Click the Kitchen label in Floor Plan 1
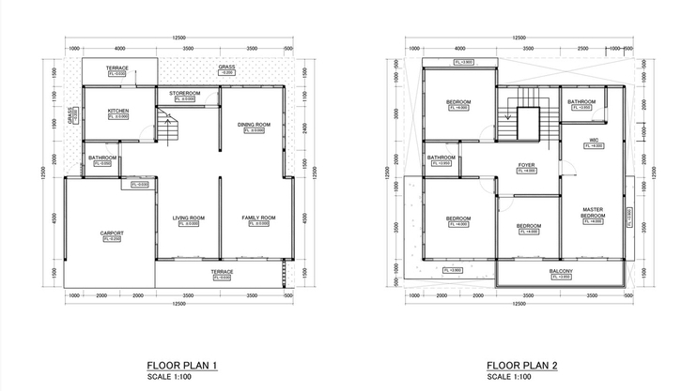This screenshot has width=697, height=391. click(118, 111)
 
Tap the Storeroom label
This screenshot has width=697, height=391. click(185, 94)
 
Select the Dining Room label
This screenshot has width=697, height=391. click(254, 124)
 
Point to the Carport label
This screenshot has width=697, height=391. click(113, 233)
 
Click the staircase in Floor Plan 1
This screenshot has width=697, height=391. click(166, 128)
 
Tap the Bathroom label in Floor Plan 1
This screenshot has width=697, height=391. click(101, 158)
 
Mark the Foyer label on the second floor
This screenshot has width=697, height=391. click(526, 165)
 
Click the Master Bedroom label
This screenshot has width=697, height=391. click(593, 213)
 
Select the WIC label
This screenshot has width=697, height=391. click(594, 141)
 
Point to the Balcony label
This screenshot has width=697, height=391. click(563, 271)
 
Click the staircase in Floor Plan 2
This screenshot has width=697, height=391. click(526, 122)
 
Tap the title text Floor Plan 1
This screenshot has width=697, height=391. click(182, 365)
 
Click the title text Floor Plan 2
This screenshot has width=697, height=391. click(522, 365)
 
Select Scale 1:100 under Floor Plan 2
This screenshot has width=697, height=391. click(510, 377)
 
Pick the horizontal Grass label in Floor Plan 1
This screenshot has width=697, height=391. click(226, 68)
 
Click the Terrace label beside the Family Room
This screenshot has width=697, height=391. click(222, 272)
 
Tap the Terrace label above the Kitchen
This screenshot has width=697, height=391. click(117, 68)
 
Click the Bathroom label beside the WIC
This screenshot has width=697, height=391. click(582, 101)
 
